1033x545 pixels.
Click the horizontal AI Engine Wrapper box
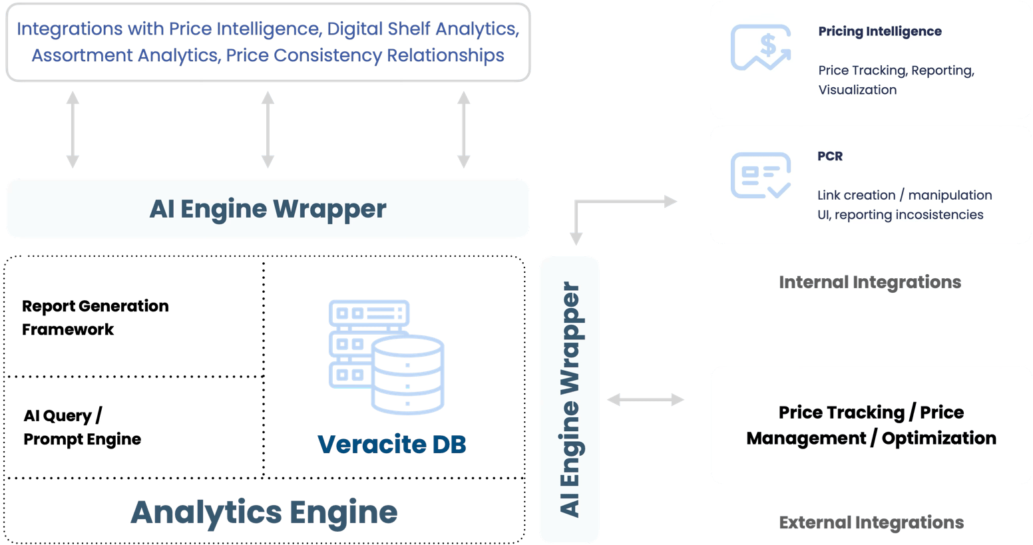point(268,209)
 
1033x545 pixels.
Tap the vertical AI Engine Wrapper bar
point(569,399)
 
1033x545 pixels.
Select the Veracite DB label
point(392,444)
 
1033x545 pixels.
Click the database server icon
point(386,357)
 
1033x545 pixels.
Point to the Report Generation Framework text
point(95,317)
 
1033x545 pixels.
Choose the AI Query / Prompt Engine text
point(82,427)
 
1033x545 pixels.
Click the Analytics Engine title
point(264,512)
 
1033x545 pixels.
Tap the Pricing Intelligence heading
point(879,31)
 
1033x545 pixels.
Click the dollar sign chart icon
point(761,47)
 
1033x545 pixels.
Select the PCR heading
point(830,156)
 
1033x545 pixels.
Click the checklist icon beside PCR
point(761,175)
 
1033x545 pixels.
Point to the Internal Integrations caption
point(870,282)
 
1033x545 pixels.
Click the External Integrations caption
point(871,522)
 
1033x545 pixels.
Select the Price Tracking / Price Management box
point(871,425)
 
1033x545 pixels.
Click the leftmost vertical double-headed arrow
point(73,130)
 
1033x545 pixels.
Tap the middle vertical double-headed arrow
point(268,130)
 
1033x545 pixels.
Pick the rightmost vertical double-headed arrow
point(463,130)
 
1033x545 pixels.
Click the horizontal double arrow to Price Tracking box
point(645,399)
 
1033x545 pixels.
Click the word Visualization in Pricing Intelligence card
point(857,90)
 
